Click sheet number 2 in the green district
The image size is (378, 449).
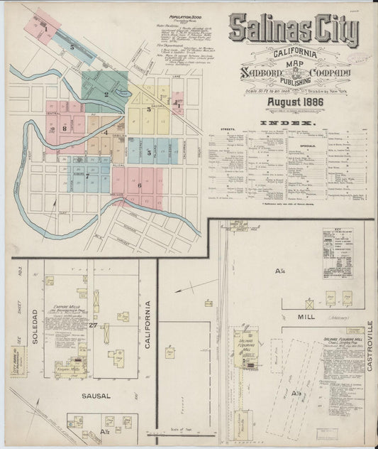(106, 94)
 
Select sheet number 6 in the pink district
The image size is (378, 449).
(139, 185)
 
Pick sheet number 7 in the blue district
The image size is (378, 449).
(87, 175)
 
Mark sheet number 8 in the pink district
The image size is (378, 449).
(63, 129)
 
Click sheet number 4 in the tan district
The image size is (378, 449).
(106, 132)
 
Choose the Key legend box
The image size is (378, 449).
(338, 252)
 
